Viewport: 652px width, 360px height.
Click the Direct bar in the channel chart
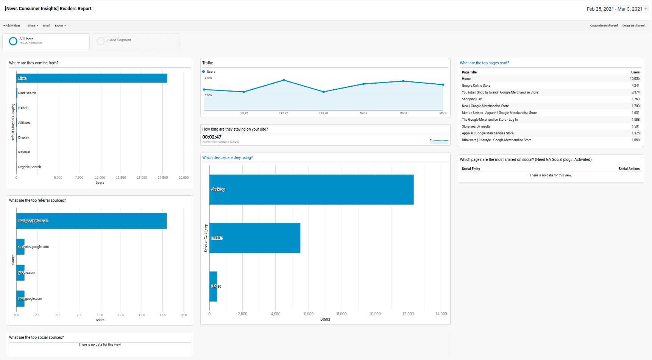pos(92,78)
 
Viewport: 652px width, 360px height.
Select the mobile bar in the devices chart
pos(254,238)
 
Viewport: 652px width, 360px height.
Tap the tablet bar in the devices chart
pos(213,287)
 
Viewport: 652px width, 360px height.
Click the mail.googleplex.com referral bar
pos(91,221)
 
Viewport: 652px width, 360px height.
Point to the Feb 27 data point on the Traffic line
pos(284,80)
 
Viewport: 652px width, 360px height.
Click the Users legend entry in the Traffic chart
pos(211,72)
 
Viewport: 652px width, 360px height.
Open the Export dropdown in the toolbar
pos(60,26)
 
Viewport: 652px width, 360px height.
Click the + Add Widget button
pos(12,26)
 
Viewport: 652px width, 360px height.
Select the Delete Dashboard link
pos(633,26)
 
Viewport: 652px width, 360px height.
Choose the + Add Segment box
pos(136,41)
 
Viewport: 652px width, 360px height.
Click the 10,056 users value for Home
pos(635,79)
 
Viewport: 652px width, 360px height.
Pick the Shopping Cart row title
pos(472,99)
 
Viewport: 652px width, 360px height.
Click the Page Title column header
pos(469,72)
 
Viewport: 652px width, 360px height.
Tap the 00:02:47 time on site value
pos(212,137)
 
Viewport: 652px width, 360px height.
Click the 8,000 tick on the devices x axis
pos(342,314)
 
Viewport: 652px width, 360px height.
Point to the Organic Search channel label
pos(30,167)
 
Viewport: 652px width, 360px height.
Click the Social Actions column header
pos(629,169)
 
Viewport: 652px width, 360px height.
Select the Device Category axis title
pos(206,238)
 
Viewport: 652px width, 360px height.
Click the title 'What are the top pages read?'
pos(484,63)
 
